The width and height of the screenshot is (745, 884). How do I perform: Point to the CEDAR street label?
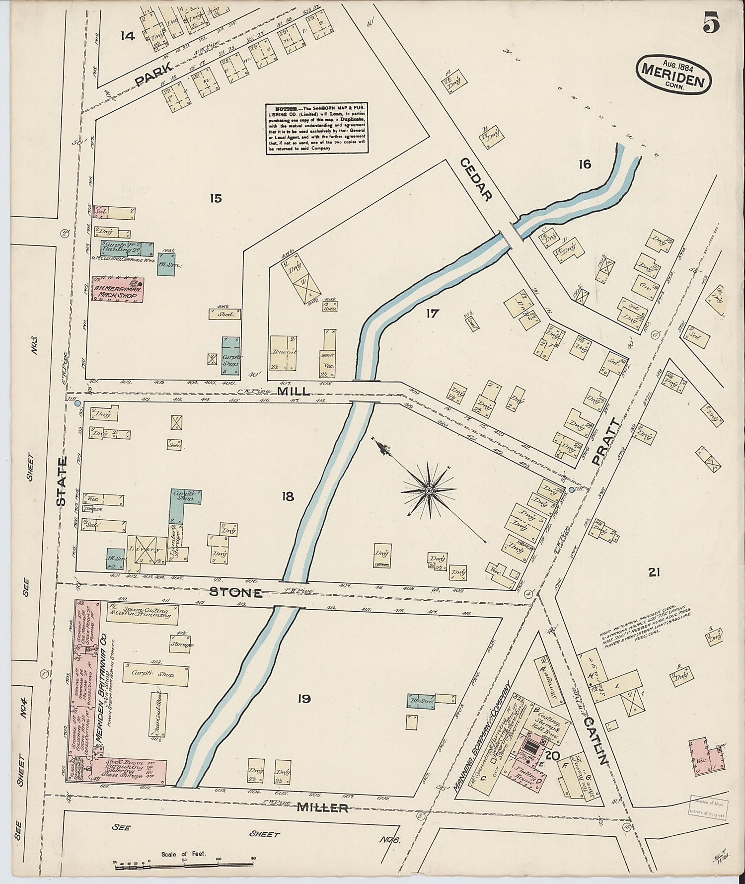(475, 179)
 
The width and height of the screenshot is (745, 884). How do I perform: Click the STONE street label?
(235, 592)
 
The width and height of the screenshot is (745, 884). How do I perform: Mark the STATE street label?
(62, 482)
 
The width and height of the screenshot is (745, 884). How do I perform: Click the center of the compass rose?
(428, 490)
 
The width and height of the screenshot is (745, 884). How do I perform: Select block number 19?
(304, 699)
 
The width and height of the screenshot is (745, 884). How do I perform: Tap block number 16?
(585, 164)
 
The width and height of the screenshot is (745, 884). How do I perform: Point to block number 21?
(654, 572)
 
